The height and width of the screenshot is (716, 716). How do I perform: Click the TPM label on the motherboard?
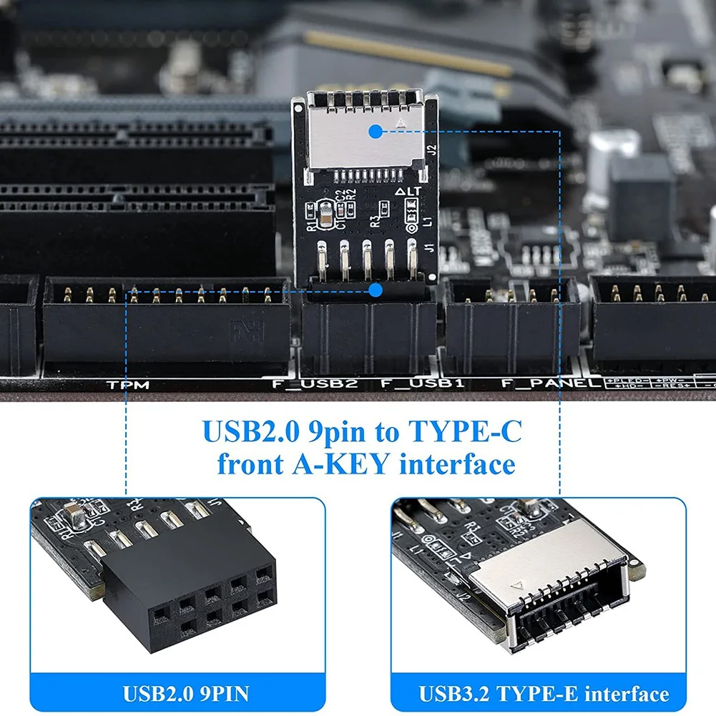pos(128,385)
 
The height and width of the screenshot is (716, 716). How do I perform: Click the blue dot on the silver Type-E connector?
pos(375,130)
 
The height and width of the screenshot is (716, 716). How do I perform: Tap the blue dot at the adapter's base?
pos(374,290)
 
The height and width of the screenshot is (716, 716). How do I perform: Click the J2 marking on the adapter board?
pos(431,151)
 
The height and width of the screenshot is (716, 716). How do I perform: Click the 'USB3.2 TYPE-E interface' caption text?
pos(544,693)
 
